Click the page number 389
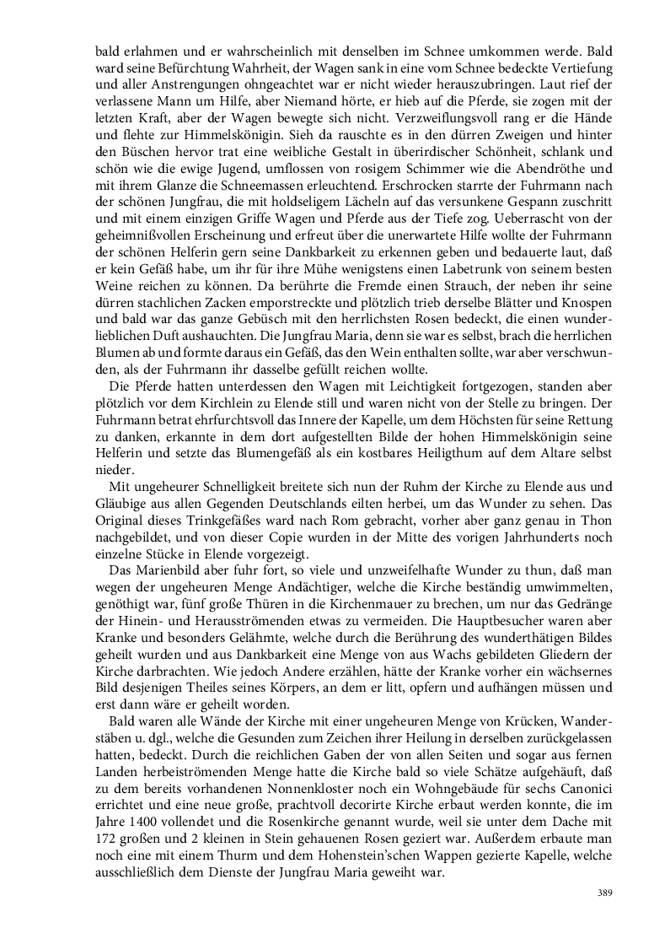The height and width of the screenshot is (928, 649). coord(604,892)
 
